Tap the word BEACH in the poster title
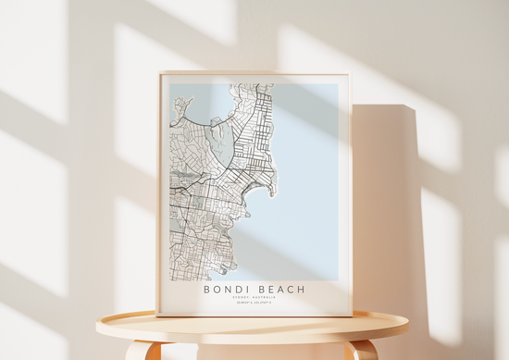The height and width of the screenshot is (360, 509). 277,289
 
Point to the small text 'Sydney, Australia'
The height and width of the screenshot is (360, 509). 253,298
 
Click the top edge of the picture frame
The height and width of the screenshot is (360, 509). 254,74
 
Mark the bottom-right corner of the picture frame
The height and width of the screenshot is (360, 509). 351,315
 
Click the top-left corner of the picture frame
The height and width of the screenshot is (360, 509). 159,74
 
